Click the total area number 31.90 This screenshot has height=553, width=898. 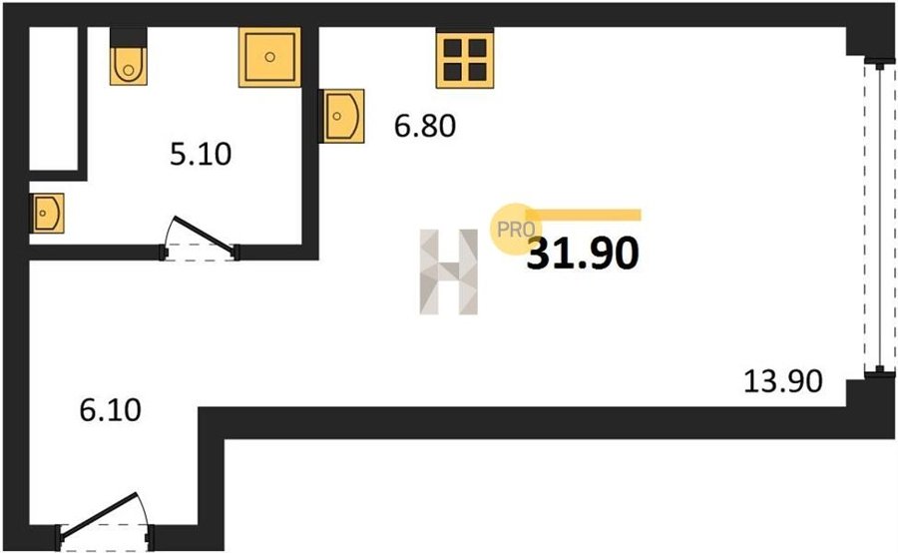click(583, 254)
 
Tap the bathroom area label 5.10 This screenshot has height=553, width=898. click(201, 154)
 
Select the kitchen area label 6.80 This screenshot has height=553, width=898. click(425, 126)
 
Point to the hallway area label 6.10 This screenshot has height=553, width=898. click(110, 410)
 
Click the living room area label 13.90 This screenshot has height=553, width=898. click(783, 381)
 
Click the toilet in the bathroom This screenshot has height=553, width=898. click(129, 65)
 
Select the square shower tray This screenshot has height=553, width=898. click(269, 57)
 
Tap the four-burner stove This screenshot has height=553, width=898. click(464, 60)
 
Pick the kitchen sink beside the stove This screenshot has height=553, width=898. click(342, 116)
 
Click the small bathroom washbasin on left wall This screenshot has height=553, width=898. click(47, 213)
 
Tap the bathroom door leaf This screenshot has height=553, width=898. click(204, 235)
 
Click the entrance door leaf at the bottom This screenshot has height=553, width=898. click(99, 515)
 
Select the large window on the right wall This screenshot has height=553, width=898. click(880, 217)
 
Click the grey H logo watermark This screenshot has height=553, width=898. click(448, 272)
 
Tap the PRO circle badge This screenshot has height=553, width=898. click(513, 230)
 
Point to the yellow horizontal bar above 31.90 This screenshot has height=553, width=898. click(583, 215)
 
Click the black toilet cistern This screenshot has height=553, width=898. click(129, 37)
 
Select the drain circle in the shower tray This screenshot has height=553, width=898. click(269, 57)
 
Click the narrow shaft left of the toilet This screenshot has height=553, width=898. click(53, 99)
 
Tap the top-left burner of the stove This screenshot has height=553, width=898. click(452, 48)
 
